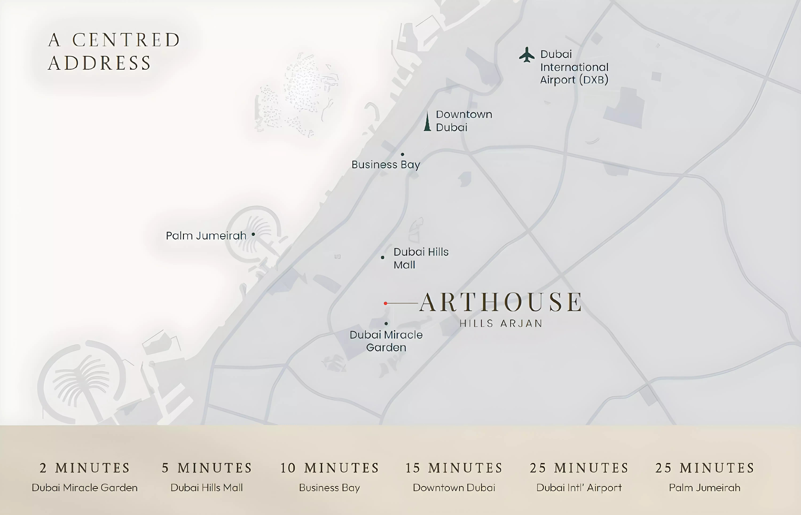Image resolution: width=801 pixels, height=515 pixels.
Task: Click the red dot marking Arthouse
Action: point(385,303)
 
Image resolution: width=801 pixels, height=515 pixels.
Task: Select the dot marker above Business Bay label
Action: point(402,154)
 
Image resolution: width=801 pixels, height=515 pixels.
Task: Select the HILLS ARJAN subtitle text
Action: point(501,323)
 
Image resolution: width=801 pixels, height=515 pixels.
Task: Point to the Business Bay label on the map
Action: point(386,165)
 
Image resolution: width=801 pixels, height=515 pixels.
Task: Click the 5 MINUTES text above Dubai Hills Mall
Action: point(207,468)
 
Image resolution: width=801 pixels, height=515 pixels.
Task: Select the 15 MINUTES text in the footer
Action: point(454,468)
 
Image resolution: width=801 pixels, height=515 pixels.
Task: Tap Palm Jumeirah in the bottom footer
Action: point(704,488)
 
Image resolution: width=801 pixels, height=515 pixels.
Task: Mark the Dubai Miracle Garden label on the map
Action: point(386,341)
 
